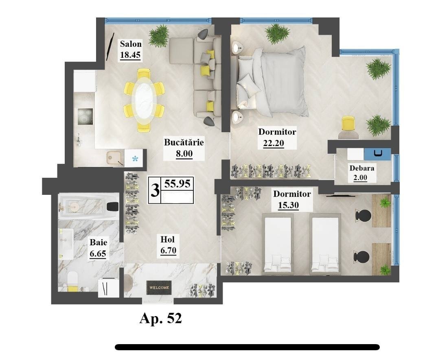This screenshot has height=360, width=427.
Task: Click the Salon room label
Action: click(x=131, y=44)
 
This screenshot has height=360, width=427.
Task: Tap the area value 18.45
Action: click(x=130, y=55)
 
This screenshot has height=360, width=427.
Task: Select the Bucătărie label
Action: click(x=184, y=142)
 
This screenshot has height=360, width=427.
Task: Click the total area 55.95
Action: click(x=177, y=184)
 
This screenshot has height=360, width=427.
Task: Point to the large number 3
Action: click(x=155, y=190)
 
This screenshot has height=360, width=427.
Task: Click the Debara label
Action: click(x=361, y=168)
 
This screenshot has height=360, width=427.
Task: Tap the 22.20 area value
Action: click(x=274, y=143)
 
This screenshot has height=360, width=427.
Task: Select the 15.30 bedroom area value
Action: click(x=288, y=205)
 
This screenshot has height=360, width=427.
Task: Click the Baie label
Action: click(x=99, y=242)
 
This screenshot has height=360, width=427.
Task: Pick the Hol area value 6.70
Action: click(x=168, y=250)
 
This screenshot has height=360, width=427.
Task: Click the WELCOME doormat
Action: click(x=159, y=287)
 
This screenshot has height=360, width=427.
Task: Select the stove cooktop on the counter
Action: click(x=85, y=116)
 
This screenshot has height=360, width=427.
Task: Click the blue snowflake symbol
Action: click(x=135, y=158)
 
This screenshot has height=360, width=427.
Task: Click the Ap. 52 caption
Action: click(x=160, y=318)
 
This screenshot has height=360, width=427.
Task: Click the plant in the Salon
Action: click(x=159, y=35)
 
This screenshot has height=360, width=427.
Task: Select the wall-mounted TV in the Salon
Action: click(x=110, y=47)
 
